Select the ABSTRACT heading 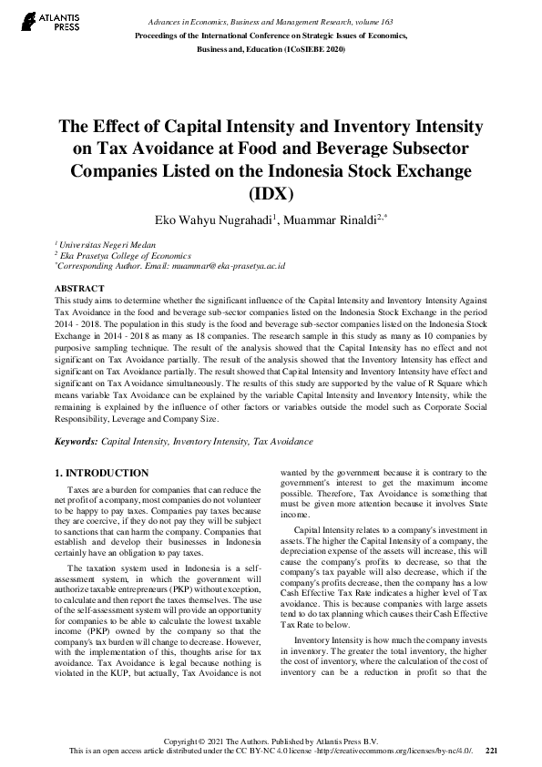[78, 287]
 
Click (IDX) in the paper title [271, 193]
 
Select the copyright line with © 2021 [271, 739]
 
